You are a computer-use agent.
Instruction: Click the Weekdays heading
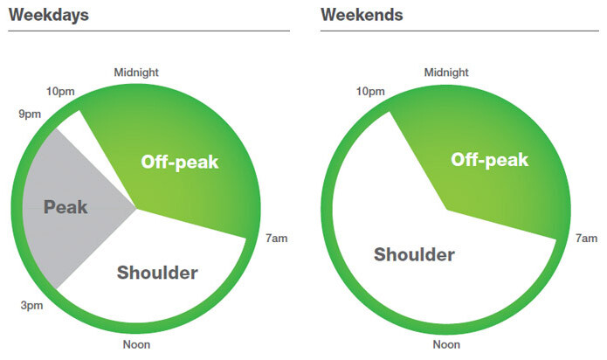point(49,16)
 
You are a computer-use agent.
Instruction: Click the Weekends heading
point(362,15)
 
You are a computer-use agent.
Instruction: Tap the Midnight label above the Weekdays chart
point(136,73)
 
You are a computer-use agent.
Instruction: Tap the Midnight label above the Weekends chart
point(446,73)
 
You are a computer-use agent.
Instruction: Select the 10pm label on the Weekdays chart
point(60,92)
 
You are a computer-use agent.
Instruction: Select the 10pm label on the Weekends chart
point(370,92)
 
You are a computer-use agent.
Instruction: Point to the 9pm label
point(30,114)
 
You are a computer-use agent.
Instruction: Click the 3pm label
point(31,306)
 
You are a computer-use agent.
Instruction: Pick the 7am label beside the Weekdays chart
point(276,239)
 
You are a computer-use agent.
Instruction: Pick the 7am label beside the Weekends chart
point(587,239)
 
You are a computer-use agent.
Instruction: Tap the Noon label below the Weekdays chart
point(136,344)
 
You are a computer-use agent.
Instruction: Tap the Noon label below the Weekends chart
point(446,344)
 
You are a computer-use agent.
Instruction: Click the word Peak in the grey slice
point(66,207)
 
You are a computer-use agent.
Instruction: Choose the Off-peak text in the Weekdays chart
point(180,163)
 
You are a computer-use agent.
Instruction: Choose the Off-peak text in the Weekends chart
point(490,160)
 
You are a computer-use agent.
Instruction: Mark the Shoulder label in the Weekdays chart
point(157,273)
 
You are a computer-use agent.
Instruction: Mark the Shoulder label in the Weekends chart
point(414,255)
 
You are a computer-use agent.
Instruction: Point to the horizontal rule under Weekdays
point(149,31)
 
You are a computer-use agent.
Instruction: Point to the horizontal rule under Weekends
point(459,31)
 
